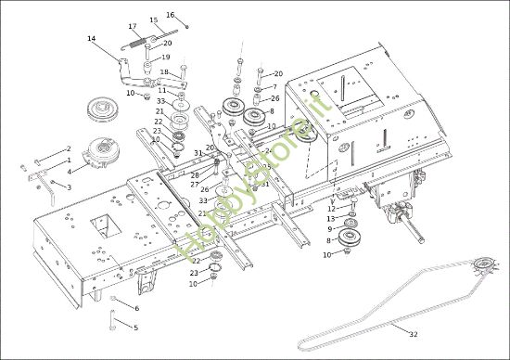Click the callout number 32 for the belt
click(x=414, y=334)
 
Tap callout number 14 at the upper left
click(x=91, y=38)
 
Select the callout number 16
click(x=170, y=15)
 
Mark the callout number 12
click(x=330, y=209)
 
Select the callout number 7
click(x=274, y=87)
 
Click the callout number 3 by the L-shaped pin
click(x=68, y=186)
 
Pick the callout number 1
click(x=68, y=160)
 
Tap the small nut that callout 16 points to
click(x=186, y=26)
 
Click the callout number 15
click(x=154, y=20)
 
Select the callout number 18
click(x=163, y=72)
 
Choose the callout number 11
click(x=162, y=90)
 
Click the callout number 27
click(x=195, y=184)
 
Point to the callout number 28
click(x=195, y=174)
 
